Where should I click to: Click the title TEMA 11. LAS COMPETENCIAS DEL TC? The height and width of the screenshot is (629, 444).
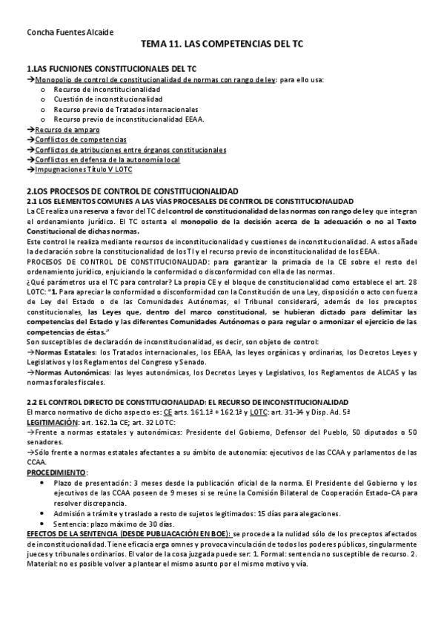222,45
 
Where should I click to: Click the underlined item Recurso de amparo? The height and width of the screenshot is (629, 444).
67,129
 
